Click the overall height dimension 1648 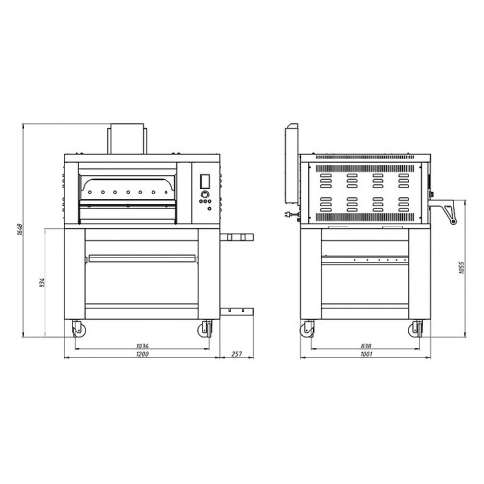(x=20, y=228)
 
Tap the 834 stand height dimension (x=43, y=283)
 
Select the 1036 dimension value (x=142, y=346)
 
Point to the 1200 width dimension (x=142, y=354)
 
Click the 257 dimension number (x=236, y=354)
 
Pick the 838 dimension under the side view (x=366, y=346)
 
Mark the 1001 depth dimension (x=367, y=354)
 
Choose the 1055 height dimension (x=461, y=268)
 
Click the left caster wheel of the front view (x=78, y=329)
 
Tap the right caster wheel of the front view (x=205, y=329)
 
